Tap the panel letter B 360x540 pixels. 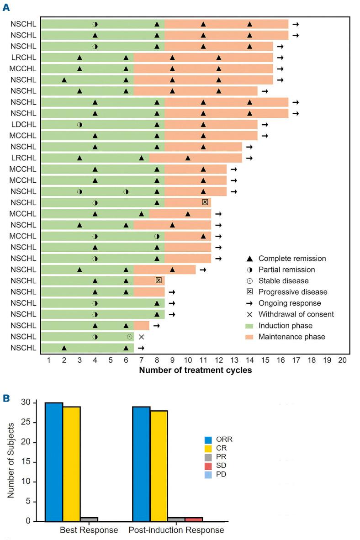pyautogui.click(x=6, y=398)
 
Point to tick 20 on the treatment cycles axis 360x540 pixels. pyautogui.click(x=342, y=360)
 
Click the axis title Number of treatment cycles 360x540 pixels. pyautogui.click(x=196, y=371)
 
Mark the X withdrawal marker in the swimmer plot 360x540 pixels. pyautogui.click(x=141, y=337)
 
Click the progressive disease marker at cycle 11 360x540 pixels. pyautogui.click(x=205, y=202)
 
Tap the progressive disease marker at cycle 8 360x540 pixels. pyautogui.click(x=159, y=280)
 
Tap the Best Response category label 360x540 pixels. pyautogui.click(x=89, y=530)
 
